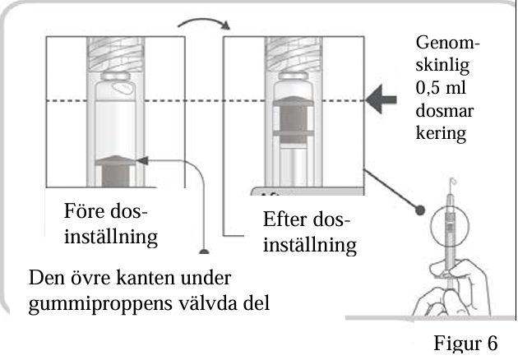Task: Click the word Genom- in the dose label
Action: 447,43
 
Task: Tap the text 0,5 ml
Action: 441,87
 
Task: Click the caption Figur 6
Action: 465,343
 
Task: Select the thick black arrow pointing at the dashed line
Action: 381,99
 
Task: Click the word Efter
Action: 284,219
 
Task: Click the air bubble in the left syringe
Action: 123,87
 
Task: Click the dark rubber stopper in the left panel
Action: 115,171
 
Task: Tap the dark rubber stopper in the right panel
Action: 294,119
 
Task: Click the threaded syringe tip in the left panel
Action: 116,53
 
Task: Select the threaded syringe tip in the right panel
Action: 294,53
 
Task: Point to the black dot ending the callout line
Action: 420,210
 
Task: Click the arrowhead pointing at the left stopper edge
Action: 142,160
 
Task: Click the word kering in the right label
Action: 441,133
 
